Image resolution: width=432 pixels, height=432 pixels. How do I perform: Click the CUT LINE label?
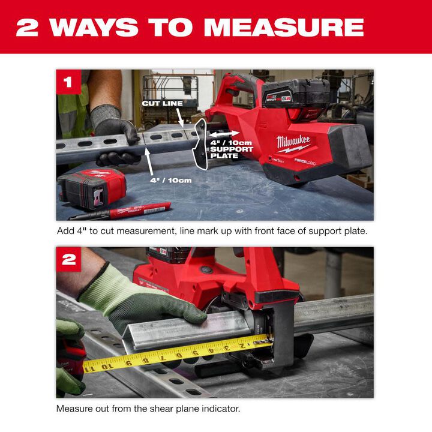(162, 103)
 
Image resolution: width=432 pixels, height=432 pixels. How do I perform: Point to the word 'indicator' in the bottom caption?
(221, 409)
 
